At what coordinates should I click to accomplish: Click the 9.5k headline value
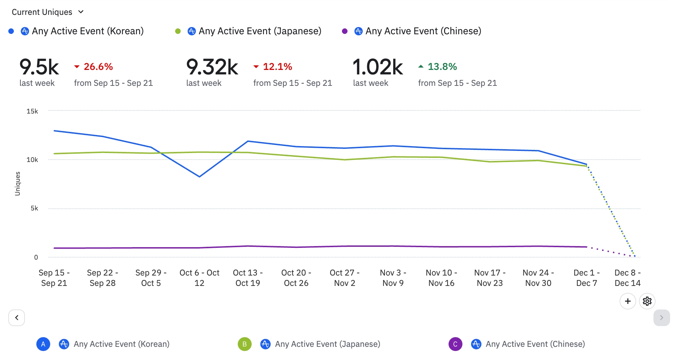coord(39,67)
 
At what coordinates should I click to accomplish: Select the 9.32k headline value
coord(212,67)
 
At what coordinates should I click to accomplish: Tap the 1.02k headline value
coord(378,67)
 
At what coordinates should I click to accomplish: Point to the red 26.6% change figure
coord(98,66)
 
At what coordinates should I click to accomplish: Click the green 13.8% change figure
coord(442,66)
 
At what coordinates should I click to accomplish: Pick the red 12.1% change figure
coord(277,66)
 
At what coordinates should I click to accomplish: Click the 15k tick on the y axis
coord(32,111)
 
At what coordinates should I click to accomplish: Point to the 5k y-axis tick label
coord(34,208)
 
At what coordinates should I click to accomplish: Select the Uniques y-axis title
coord(18,183)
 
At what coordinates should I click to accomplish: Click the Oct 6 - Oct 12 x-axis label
coord(199,278)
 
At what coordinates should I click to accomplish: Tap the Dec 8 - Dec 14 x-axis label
coord(628,278)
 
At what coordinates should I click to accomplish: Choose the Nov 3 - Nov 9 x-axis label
coord(393,278)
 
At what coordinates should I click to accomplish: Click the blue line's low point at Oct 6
coord(199,177)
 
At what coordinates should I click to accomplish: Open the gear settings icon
coord(647,301)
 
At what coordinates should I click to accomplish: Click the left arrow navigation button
coord(17,317)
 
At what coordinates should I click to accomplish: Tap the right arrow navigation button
coord(661,317)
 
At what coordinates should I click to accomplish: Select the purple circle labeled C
coord(455,344)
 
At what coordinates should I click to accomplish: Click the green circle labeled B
coord(244,344)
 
